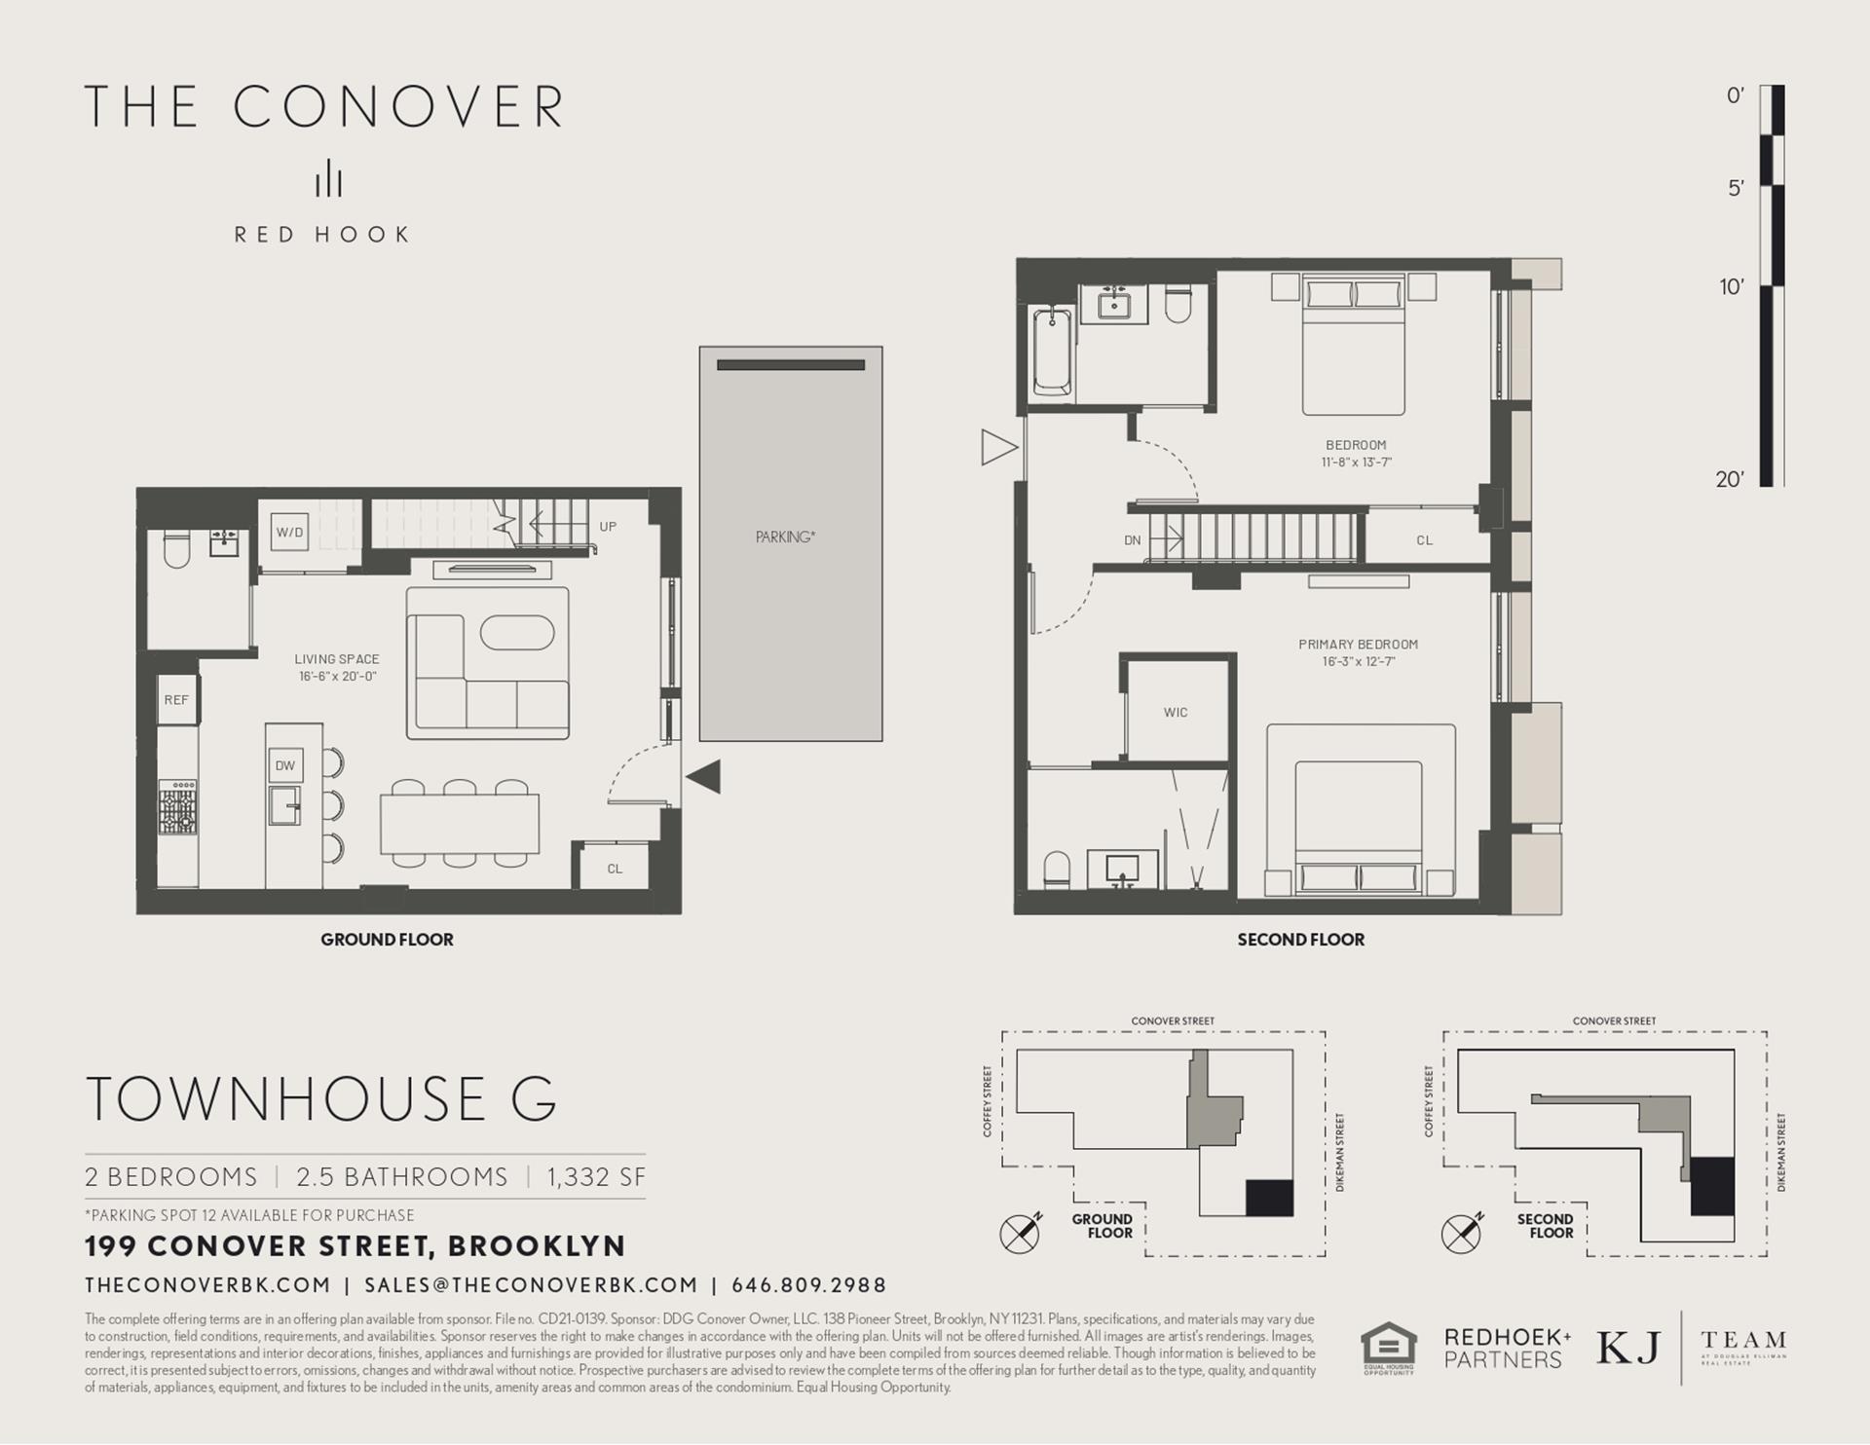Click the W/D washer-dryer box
pos(289,533)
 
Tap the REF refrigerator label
pos(176,700)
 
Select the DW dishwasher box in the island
pos(284,765)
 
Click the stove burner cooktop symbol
pos(178,807)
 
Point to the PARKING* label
pos(785,537)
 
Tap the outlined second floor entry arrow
pos(998,448)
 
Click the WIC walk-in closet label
pos(1176,713)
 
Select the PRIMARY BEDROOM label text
pos(1358,645)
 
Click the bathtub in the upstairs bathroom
pos(1052,352)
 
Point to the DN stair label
pos(1132,540)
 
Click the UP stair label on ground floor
pos(608,527)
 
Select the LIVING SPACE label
pos(337,659)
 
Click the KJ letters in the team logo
pos(1627,1348)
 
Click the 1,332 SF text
pos(596,1177)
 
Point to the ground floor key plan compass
pos(1020,1234)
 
